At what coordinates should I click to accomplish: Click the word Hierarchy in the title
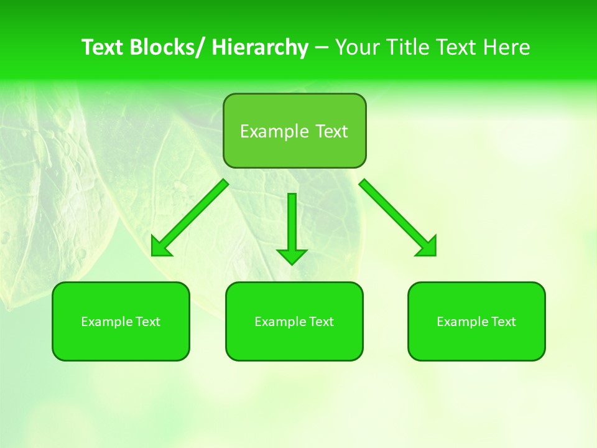[x=260, y=47]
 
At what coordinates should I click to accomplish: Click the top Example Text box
[x=294, y=131]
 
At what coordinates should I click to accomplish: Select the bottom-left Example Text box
[x=121, y=321]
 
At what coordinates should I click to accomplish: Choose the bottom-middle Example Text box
[x=294, y=321]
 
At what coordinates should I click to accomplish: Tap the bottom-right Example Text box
[x=476, y=321]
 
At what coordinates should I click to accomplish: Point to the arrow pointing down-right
[x=397, y=217]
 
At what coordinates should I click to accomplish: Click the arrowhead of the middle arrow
[x=292, y=256]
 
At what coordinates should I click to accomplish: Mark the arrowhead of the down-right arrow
[x=427, y=247]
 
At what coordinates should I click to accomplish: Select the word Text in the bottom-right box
[x=504, y=322]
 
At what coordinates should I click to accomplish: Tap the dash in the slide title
[x=322, y=48]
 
